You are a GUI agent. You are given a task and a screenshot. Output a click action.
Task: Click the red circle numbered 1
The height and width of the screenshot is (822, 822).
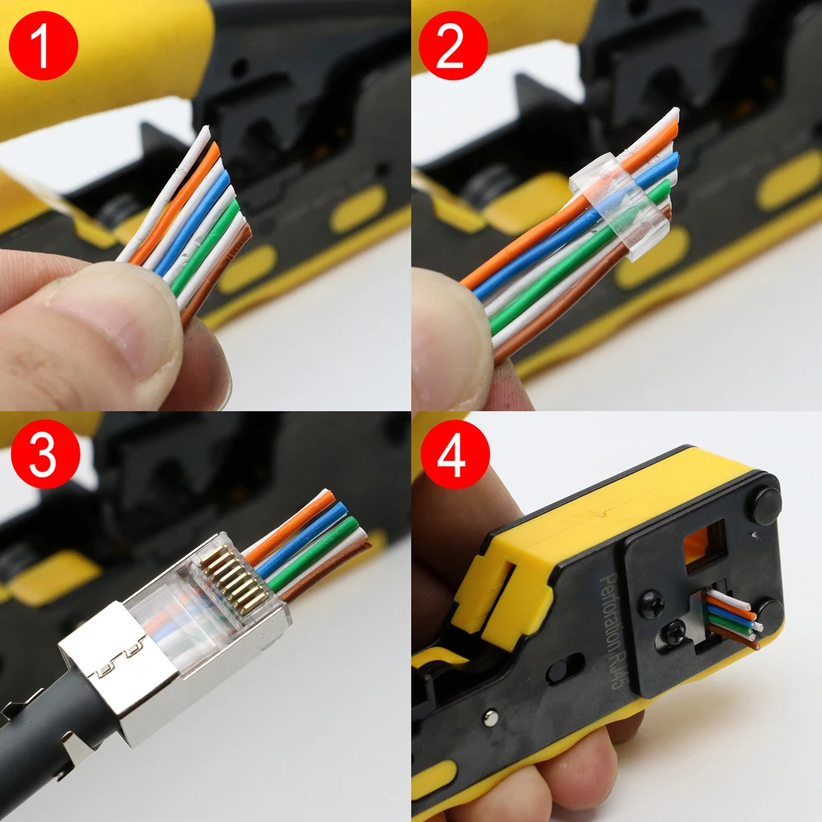pyautogui.click(x=43, y=45)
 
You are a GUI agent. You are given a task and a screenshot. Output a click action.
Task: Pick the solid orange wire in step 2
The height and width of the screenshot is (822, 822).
pyautogui.click(x=526, y=238)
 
